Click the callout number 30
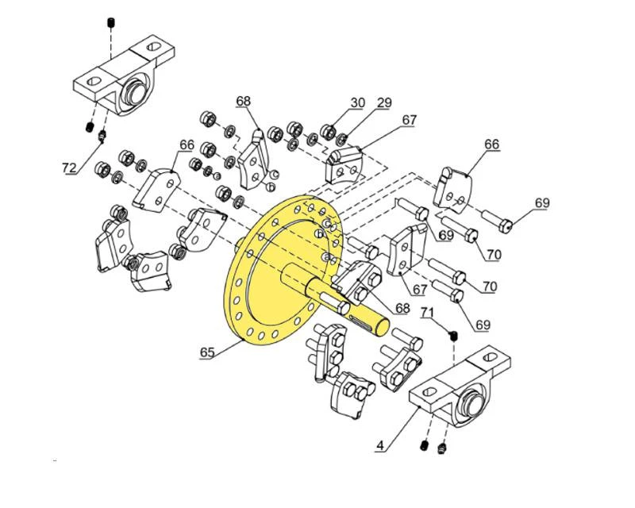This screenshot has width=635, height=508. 357,102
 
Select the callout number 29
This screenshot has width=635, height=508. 384,102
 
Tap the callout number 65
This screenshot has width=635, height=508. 207,351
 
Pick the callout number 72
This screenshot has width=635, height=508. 71,167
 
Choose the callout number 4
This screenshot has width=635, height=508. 381,446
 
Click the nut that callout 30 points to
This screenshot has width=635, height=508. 327,131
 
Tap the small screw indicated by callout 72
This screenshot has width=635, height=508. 102,139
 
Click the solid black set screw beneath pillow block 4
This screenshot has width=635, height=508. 425,446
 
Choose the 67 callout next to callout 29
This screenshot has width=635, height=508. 409,120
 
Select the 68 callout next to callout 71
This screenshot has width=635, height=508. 402,307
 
